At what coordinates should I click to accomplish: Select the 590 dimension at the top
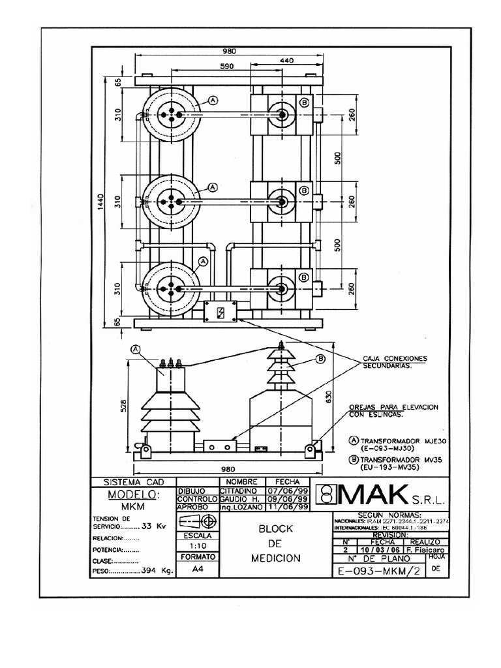coord(226,67)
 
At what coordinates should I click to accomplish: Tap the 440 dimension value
coord(287,60)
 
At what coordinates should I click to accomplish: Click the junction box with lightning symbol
coord(220,312)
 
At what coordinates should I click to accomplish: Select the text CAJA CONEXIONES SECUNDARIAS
coord(395,362)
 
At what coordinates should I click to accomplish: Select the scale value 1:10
coord(198,546)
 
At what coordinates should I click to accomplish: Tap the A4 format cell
coord(198,569)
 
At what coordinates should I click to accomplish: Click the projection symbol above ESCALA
coord(198,521)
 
